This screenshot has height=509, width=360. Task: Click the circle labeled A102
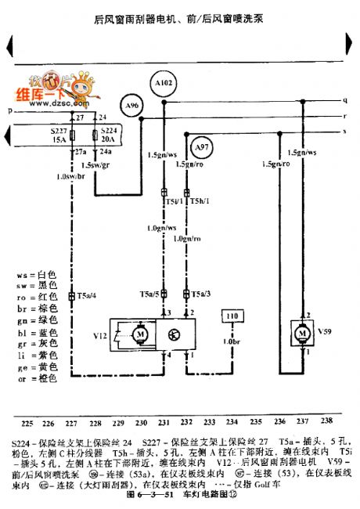pos(164,81)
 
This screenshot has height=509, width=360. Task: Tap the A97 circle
pos(202,146)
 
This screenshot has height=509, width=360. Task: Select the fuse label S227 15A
pos(59,135)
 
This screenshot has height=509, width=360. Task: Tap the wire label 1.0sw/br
pos(70,177)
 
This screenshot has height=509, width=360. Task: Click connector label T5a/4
pos(85,295)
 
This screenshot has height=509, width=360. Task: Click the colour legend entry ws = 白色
pos(37,276)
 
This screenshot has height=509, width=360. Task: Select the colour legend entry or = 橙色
pos(37,379)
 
